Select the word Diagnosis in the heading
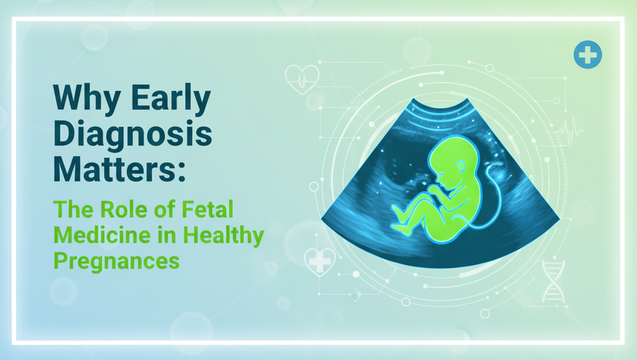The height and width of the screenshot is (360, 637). [132, 134]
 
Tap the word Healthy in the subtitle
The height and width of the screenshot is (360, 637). [223, 235]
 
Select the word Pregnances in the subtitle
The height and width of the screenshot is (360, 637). [116, 260]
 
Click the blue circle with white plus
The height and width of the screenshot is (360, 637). [587, 55]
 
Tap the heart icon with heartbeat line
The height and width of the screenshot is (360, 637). [302, 80]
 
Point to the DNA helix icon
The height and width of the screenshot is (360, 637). [553, 281]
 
